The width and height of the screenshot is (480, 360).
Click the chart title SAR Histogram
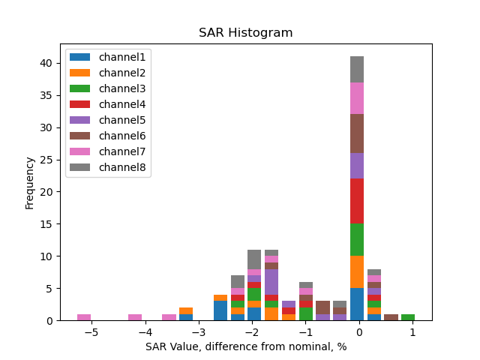(x=245, y=33)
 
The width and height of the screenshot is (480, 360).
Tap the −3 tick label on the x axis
(x=198, y=332)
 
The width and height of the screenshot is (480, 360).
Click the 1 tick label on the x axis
(x=412, y=332)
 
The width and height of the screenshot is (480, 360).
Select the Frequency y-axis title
(x=30, y=182)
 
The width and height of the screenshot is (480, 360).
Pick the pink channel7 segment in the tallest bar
(x=357, y=98)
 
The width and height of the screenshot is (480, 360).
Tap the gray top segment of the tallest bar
(x=357, y=69)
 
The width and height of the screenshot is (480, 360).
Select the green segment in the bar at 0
(x=357, y=240)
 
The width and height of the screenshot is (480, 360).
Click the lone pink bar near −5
(x=84, y=317)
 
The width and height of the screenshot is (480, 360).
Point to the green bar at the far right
(x=408, y=317)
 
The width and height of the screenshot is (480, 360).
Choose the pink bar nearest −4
(x=135, y=317)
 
